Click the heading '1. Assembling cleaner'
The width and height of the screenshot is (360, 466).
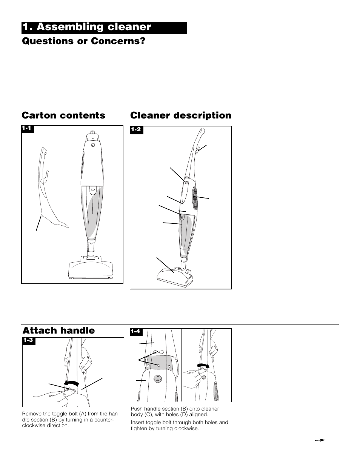[x=87, y=27]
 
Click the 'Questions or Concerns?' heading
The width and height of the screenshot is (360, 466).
[x=83, y=41]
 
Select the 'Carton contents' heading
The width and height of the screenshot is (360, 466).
[x=63, y=115]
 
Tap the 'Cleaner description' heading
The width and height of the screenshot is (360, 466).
[x=181, y=115]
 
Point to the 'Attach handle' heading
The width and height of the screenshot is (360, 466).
[x=58, y=331]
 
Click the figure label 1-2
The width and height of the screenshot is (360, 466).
[x=136, y=129]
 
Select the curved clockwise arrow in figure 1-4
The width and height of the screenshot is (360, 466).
[x=203, y=365]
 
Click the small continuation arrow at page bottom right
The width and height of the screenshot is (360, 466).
[x=320, y=440]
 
